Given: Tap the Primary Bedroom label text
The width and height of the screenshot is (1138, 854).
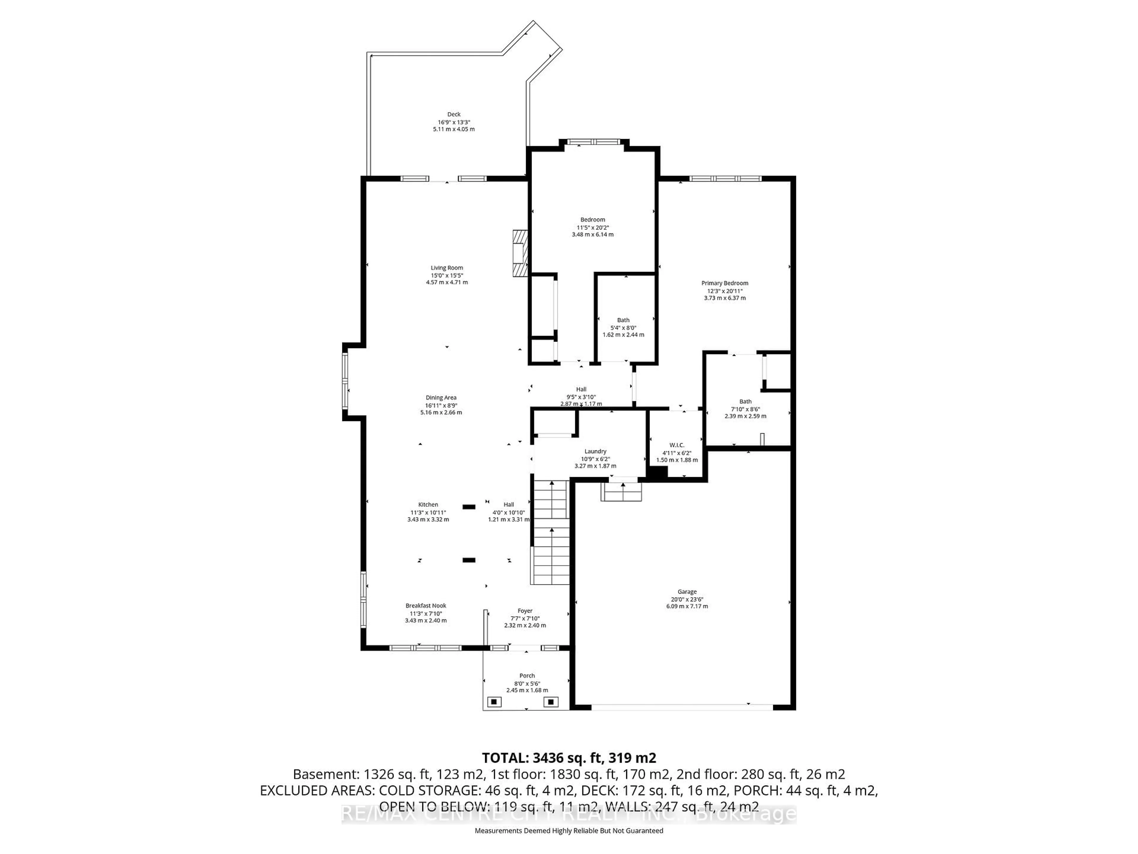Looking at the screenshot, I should coord(724,283).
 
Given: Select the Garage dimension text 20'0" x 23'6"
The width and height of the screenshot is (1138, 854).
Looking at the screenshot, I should coord(687,599).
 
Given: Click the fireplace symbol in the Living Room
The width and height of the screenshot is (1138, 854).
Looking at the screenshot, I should coord(520,253).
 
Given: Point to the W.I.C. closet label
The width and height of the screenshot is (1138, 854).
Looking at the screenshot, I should coord(677,445).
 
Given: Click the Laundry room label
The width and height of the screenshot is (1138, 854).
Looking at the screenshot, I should coord(595,451).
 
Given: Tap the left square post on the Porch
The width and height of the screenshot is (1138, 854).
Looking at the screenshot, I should coord(494,702).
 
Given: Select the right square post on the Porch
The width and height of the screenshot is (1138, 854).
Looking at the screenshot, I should coord(551,702).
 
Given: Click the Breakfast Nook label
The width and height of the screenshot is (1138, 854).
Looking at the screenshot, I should coord(426,606).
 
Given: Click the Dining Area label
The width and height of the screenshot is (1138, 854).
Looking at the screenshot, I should coord(441,397).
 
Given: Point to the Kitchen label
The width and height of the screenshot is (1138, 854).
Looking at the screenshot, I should coord(428,504).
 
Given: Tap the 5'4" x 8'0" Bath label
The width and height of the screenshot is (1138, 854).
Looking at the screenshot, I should coord(623,320).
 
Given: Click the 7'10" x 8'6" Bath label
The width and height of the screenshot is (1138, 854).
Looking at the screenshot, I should coord(745,401).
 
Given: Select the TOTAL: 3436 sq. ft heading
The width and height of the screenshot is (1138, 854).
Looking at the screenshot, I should coord(568,758).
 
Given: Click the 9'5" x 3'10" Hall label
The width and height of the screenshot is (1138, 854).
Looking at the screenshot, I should coord(581,389).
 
